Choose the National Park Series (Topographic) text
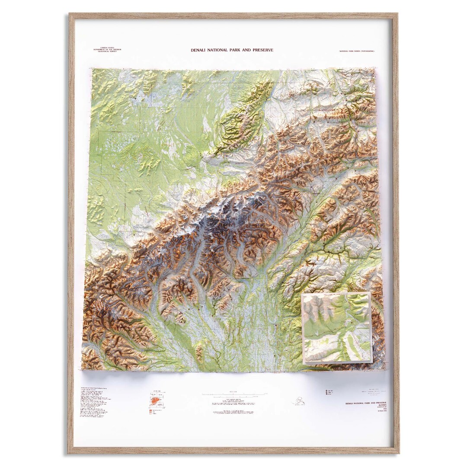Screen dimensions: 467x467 coord(357,51)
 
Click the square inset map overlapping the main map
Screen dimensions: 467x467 coord(337,327)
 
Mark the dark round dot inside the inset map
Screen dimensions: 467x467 coord(353,323)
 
